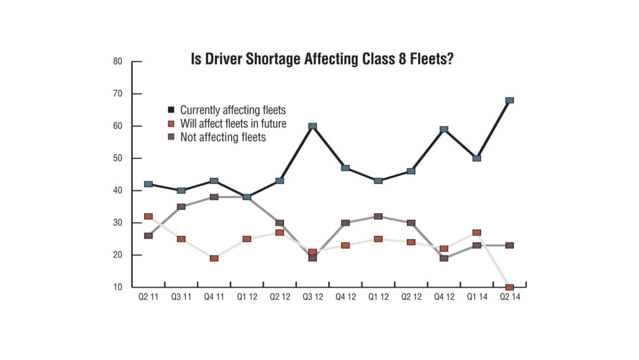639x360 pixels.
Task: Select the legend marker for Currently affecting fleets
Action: (x=171, y=110)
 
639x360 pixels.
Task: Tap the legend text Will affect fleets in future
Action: (x=233, y=123)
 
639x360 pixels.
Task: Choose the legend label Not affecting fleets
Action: (x=223, y=137)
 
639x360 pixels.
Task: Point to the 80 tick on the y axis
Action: (x=118, y=62)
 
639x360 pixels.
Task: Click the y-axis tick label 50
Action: (x=118, y=158)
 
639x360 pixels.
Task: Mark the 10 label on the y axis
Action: (x=118, y=288)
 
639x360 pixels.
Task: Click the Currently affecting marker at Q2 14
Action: (x=509, y=100)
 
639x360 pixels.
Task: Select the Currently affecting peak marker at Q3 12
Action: (x=312, y=126)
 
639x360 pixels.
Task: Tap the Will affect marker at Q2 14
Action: (x=509, y=287)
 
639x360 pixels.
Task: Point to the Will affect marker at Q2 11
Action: (x=149, y=217)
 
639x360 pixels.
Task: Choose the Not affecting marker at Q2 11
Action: (x=149, y=235)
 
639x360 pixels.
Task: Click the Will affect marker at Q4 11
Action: (x=214, y=258)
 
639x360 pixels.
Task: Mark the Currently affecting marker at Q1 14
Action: (x=477, y=158)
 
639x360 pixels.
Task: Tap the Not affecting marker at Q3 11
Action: (x=181, y=207)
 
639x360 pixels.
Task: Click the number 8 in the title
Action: (x=408, y=59)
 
